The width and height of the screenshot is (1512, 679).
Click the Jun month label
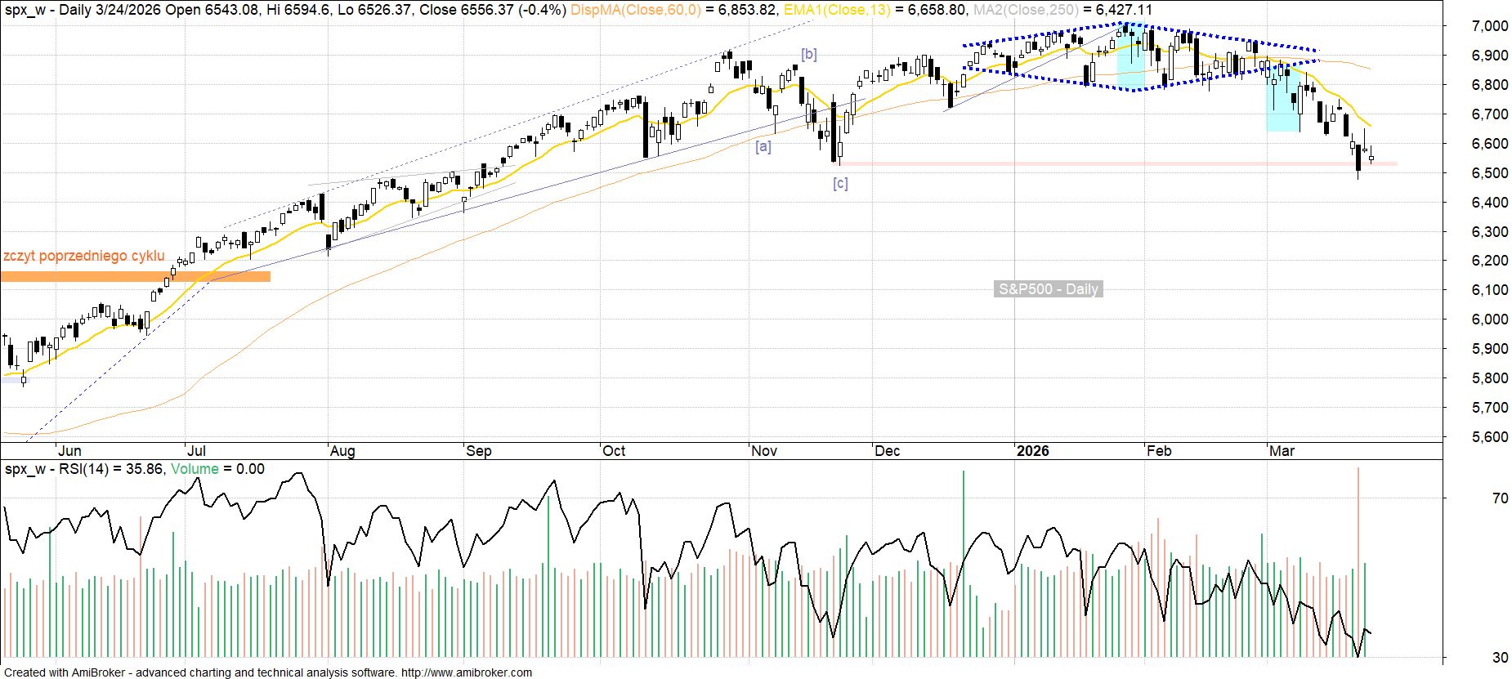69,451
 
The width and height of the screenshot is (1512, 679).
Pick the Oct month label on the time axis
614,451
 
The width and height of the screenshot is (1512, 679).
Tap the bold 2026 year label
1032,451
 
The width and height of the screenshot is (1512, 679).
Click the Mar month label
1282,451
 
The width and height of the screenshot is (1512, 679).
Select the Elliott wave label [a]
763,147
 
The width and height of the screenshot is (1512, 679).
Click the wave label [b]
808,55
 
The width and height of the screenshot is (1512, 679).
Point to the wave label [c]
840,184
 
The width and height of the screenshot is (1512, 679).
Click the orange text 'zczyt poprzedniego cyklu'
83,257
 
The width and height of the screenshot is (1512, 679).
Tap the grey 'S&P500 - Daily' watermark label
1048,289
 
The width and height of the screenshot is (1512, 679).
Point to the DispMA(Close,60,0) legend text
635,10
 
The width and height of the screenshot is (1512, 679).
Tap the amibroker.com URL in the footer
466,672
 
